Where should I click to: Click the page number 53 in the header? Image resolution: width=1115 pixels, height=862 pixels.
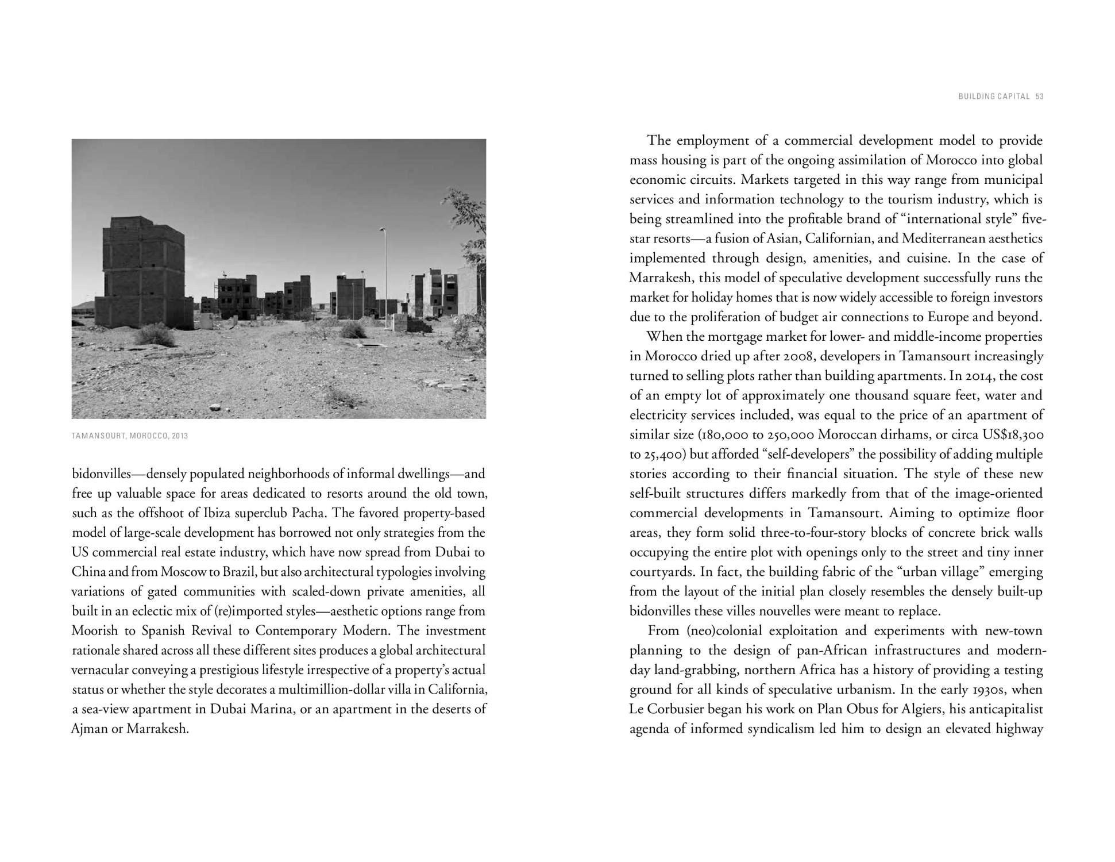(1039, 97)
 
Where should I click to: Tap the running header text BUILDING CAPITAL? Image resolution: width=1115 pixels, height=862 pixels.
(994, 97)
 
